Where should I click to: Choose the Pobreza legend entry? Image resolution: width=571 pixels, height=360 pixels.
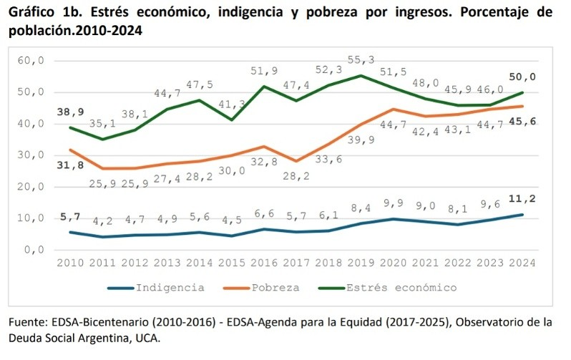[x=276, y=287]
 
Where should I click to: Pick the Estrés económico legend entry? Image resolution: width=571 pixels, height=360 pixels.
[x=400, y=287]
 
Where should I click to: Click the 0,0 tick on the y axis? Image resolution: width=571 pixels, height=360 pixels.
[x=33, y=250]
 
